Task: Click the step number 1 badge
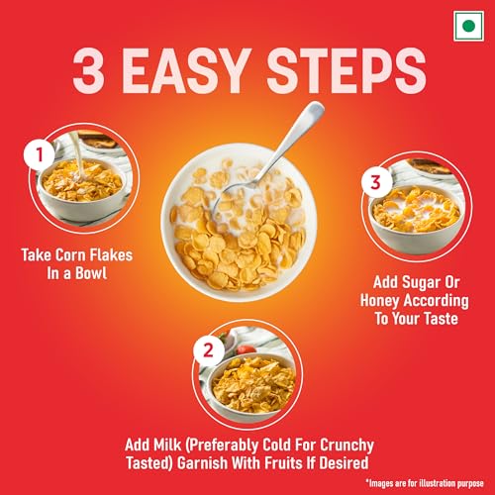[38, 155]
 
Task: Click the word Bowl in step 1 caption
[116, 272]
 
